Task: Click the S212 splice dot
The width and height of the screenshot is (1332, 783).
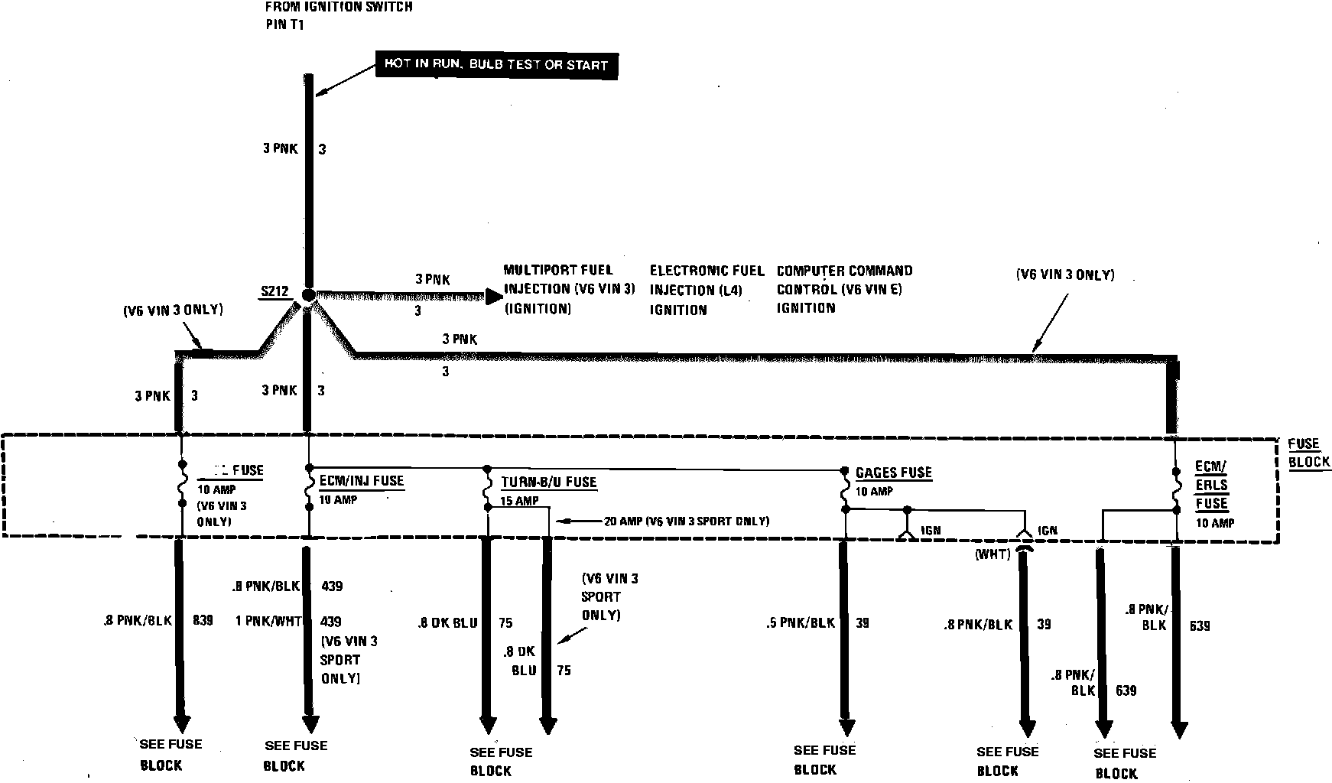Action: click(x=308, y=295)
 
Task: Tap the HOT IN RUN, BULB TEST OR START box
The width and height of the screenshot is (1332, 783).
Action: click(x=496, y=65)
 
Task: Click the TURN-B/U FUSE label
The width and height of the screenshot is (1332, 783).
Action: click(x=548, y=482)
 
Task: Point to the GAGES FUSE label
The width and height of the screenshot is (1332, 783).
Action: click(x=893, y=473)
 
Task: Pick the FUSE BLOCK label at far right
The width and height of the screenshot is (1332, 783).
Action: click(x=1308, y=453)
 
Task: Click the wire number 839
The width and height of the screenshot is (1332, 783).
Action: click(x=203, y=621)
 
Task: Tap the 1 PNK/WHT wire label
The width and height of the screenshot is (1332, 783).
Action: click(x=268, y=622)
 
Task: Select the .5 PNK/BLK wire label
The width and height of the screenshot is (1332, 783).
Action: click(x=800, y=623)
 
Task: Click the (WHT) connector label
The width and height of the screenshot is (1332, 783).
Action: click(x=993, y=554)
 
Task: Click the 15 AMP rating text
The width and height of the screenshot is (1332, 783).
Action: click(x=520, y=501)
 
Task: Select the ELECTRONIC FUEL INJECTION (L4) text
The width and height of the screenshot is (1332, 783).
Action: click(x=707, y=290)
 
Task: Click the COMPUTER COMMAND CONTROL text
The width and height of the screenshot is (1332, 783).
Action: click(x=844, y=289)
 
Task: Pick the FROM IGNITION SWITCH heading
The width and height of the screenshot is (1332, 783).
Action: click(x=339, y=8)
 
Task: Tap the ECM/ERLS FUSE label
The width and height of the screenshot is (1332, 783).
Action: click(x=1211, y=485)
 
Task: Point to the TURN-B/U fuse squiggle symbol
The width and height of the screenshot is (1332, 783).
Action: click(x=487, y=487)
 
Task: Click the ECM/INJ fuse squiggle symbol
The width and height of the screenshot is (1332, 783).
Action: click(x=309, y=487)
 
